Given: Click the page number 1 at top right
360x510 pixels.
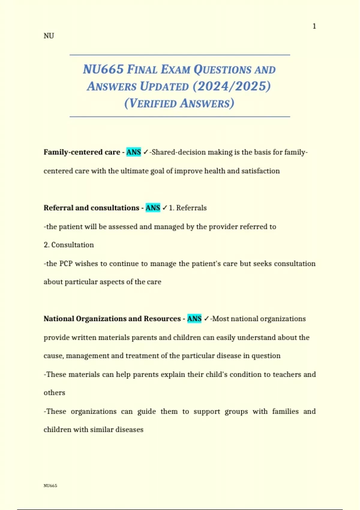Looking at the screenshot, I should click(314, 26).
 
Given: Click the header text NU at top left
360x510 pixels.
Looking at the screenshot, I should click(49, 36).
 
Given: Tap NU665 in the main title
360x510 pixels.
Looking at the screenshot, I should click(103, 69).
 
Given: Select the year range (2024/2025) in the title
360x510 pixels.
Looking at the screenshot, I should click(232, 86).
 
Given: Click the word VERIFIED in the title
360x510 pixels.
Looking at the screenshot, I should click(153, 103).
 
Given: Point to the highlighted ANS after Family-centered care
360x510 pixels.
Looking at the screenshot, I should click(133, 152).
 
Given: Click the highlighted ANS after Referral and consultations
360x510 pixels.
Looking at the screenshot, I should click(153, 208).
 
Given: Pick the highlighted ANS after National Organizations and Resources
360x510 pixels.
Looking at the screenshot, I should click(194, 319).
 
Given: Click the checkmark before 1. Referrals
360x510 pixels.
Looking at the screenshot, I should click(165, 208).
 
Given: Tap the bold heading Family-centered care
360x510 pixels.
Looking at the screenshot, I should click(82, 152).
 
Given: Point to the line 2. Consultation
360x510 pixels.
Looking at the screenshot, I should click(69, 245).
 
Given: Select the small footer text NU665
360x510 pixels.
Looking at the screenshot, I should click(50, 486).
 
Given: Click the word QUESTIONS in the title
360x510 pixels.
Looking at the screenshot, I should click(222, 70).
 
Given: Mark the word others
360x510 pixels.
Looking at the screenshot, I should click(54, 393).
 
